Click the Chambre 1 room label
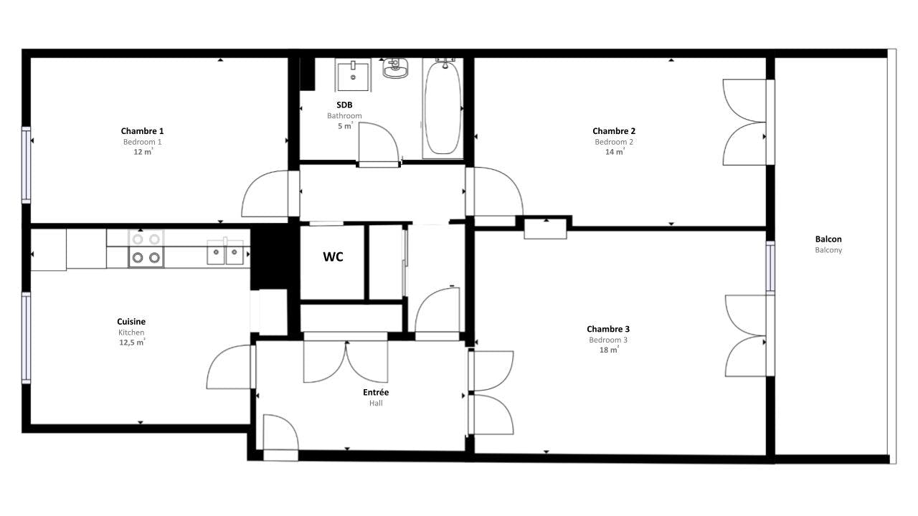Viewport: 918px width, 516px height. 142,131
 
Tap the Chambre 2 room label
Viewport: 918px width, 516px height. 614,131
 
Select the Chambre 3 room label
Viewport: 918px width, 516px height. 608,329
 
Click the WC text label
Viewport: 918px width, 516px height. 333,257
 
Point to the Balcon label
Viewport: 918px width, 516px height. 828,239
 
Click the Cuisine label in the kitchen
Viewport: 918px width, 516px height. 131,322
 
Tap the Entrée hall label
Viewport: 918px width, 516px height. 376,393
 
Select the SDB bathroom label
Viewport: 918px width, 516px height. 344,105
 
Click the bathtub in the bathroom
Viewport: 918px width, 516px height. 442,107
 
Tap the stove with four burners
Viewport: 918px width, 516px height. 146,249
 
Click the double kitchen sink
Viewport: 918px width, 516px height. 225,252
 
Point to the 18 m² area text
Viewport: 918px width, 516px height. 609,350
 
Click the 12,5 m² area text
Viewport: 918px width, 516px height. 131,343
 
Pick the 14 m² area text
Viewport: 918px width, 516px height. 614,151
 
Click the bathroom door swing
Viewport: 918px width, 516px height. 378,143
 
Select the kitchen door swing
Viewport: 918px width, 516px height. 229,367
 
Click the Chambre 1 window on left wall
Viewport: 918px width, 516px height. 27,165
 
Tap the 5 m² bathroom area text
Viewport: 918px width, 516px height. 344,126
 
